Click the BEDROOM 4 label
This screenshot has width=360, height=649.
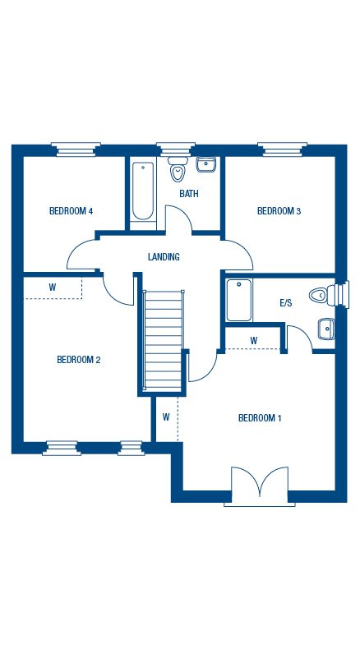pos(71,211)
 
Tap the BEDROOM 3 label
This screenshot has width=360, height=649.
pos(279,211)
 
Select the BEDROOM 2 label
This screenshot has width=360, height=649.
pos(79,360)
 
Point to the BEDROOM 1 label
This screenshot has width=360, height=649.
pos(260,418)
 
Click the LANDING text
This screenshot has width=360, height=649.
pos(164,256)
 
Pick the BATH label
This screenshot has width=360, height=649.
pos(189,193)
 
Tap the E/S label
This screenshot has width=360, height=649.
pos(286,303)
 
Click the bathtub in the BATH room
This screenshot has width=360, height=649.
pos(143,191)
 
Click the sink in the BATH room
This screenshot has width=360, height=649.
pos(206,164)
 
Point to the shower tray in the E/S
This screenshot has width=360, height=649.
pos(239,300)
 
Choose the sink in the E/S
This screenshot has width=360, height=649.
pos(326,329)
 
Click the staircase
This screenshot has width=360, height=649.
pos(163,340)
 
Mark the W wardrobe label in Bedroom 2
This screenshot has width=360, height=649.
pos(53,288)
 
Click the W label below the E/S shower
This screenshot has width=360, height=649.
pos(253,341)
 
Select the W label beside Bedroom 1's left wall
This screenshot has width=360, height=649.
pos(166,417)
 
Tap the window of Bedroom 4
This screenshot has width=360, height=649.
pos(76,150)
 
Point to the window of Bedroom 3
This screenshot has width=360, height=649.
pos(282,150)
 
